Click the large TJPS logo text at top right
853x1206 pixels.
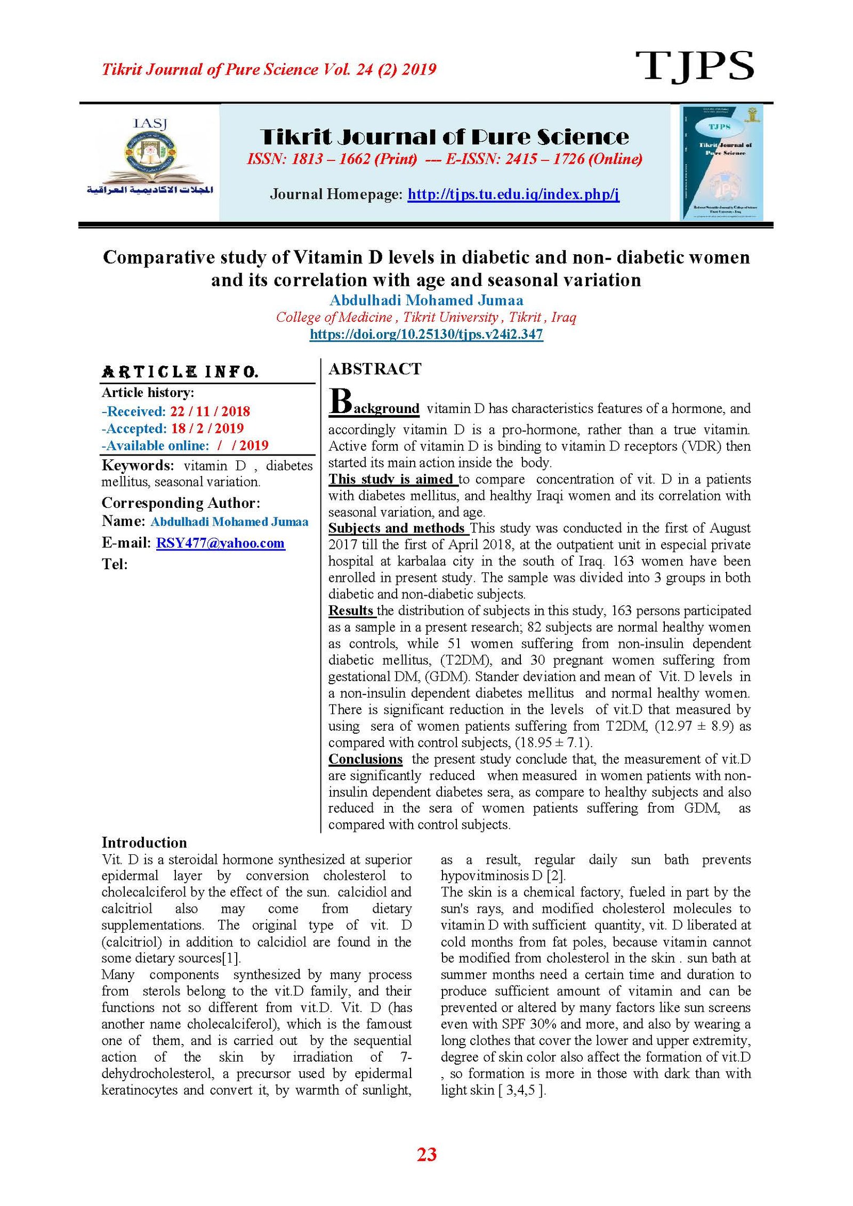click(x=694, y=66)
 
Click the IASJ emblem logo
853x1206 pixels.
click(x=150, y=157)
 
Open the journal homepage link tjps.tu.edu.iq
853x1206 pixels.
click(x=513, y=194)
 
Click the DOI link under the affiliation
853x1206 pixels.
click(x=426, y=335)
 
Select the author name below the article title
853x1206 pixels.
click(x=426, y=300)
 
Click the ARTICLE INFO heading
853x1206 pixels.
click(x=180, y=371)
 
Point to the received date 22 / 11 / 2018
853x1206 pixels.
click(x=210, y=411)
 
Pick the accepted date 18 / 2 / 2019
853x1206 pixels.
click(x=207, y=428)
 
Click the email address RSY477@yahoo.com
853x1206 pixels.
click(x=220, y=543)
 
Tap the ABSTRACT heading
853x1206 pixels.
click(x=375, y=369)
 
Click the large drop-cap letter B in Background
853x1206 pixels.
click(x=340, y=401)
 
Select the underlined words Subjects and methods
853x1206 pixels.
click(x=396, y=528)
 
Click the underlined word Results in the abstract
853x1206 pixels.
click(x=351, y=611)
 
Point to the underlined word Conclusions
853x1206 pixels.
click(x=365, y=759)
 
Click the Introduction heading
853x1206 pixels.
click(x=144, y=843)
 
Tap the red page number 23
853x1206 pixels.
click(x=426, y=1154)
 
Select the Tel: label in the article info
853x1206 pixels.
click(x=115, y=564)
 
